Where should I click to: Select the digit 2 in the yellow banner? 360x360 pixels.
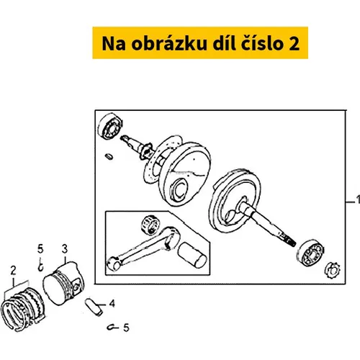tap(294, 44)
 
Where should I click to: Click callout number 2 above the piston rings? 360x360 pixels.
tap(13, 271)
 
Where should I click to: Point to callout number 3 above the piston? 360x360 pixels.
tap(65, 249)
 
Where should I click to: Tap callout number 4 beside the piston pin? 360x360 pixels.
tap(112, 304)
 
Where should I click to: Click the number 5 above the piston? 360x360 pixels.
tap(40, 249)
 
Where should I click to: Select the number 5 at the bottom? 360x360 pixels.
tap(126, 328)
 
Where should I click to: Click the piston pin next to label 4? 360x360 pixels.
tap(94, 307)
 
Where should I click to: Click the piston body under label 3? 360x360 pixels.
tap(63, 283)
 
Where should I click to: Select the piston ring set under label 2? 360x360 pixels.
tap(23, 309)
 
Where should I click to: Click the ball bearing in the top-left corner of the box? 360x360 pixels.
tap(110, 126)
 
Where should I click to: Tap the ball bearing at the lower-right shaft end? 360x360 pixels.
tap(310, 253)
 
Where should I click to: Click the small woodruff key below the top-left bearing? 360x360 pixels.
tap(109, 156)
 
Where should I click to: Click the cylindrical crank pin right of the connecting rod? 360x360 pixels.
tap(192, 255)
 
